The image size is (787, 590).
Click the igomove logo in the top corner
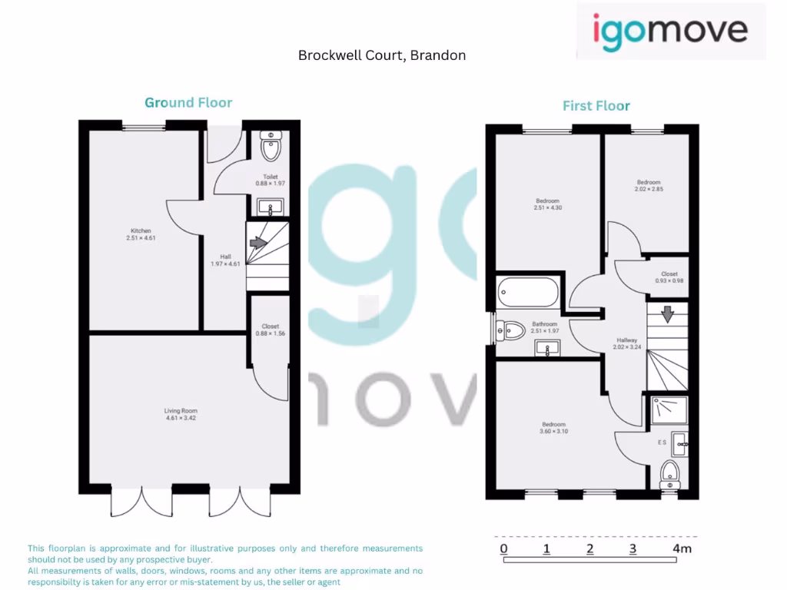click(x=670, y=31)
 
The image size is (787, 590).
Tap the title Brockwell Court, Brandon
click(x=382, y=55)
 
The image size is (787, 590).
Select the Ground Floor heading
click(x=188, y=102)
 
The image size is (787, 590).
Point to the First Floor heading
click(x=596, y=105)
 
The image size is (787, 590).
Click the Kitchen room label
click(x=141, y=230)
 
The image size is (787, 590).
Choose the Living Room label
click(x=181, y=411)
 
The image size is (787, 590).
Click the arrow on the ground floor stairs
click(x=258, y=243)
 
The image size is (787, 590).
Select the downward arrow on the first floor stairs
click(x=667, y=313)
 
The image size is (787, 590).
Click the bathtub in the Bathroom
click(x=528, y=292)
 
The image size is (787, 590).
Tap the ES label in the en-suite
click(x=661, y=442)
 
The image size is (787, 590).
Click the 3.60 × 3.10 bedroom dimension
click(x=553, y=432)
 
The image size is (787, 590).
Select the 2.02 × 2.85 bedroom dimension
click(x=648, y=189)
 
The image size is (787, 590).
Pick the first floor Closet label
click(x=669, y=273)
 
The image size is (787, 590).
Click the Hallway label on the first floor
click(x=627, y=340)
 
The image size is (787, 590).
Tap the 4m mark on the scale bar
click(x=682, y=549)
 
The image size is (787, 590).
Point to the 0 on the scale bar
click(x=503, y=549)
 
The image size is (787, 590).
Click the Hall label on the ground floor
click(x=225, y=257)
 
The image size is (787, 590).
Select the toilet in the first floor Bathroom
click(x=512, y=331)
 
